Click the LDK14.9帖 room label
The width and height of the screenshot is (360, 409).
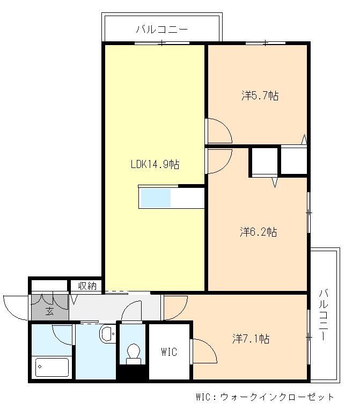[155, 164]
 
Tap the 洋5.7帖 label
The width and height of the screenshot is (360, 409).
[260, 96]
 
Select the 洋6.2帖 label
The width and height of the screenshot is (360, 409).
[259, 232]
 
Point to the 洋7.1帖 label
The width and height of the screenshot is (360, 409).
[251, 339]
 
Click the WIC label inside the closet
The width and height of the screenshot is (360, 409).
[169, 352]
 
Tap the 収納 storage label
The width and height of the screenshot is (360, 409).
[87, 286]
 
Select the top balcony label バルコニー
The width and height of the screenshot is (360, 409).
[162, 29]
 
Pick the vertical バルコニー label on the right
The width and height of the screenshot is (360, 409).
[323, 315]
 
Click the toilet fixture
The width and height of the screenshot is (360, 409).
[134, 354]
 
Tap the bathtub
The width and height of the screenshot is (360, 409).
[52, 367]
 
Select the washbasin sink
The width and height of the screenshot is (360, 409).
[107, 333]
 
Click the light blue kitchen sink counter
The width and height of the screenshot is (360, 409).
[156, 198]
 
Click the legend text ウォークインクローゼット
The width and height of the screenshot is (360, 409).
[277, 397]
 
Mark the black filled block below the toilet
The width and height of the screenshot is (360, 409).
[133, 372]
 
